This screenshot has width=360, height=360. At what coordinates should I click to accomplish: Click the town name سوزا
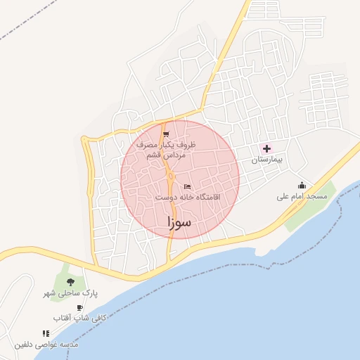click(180, 222)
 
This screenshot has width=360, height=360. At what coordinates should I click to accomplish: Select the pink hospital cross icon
click(266, 148)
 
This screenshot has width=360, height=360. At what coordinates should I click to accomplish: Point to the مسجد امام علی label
click(302, 197)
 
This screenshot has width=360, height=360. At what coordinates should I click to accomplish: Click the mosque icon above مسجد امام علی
click(302, 186)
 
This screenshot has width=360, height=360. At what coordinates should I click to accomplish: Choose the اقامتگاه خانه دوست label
click(187, 198)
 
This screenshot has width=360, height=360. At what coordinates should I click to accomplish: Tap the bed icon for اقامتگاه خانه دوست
click(186, 186)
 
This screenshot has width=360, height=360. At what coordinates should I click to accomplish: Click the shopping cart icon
click(166, 134)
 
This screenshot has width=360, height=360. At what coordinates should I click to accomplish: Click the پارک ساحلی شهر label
click(70, 292)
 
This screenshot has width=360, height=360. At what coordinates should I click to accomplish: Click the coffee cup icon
click(79, 308)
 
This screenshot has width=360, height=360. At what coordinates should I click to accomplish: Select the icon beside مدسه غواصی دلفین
click(46, 334)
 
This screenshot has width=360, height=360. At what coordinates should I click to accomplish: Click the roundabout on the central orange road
click(171, 176)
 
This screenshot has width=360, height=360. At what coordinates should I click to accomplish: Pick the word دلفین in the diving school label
click(25, 345)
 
